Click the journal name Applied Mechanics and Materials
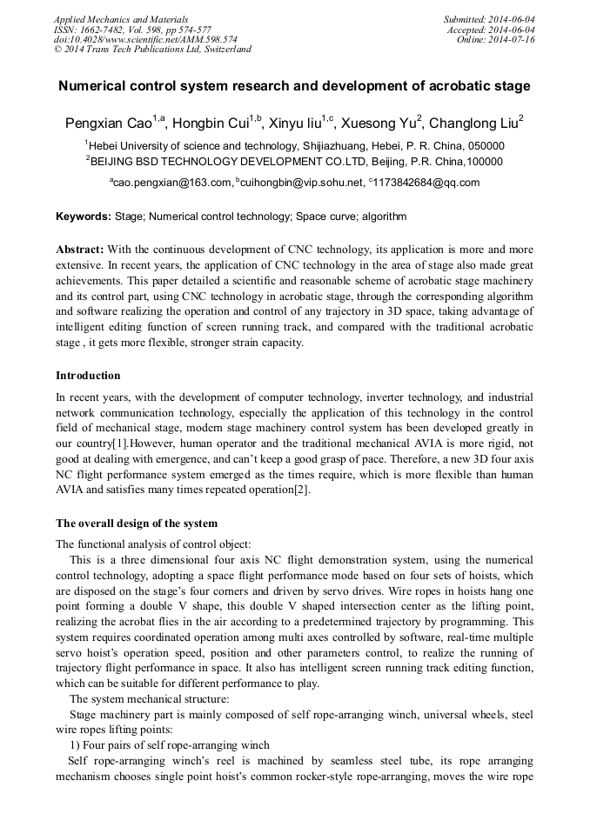coord(120,19)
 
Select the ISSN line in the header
coord(132,29)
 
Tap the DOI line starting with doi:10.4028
coord(145,39)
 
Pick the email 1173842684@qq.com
coord(426,183)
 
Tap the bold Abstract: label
coord(80,248)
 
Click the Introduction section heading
coord(88,376)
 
